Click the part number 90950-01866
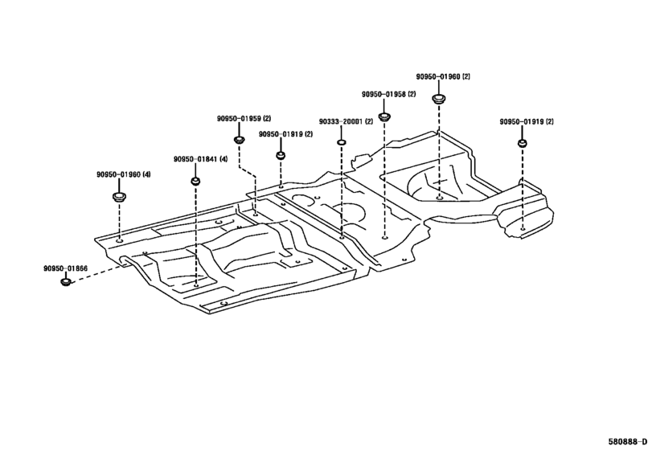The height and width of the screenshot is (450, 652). pos(65,269)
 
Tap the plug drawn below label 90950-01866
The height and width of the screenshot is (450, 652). pos(66,282)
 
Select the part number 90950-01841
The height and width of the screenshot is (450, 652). pos(195,159)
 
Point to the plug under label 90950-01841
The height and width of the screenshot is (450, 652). pos(195,181)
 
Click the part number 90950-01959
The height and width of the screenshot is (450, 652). pos(239,118)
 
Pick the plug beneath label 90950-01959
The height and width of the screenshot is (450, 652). pos(239,140)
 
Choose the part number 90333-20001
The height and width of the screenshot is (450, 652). pos(341,122)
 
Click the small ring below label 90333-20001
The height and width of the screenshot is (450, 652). pos(341,143)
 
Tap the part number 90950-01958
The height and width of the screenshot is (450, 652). pos(383,94)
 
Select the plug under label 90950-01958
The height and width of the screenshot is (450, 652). pos(384,117)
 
